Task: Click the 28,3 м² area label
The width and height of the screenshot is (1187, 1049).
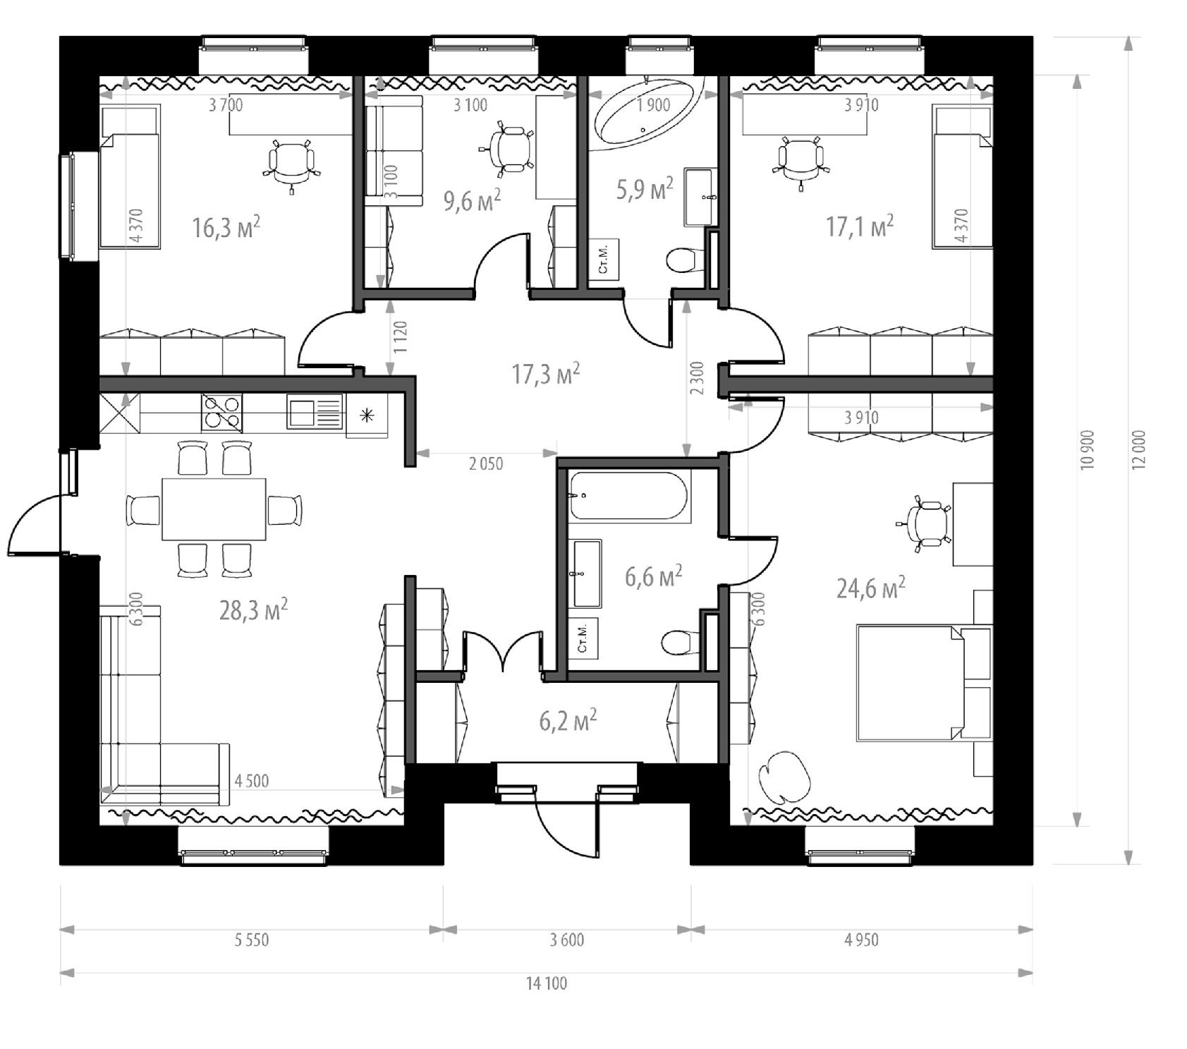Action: (253, 610)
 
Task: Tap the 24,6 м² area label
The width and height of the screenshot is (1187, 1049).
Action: (871, 587)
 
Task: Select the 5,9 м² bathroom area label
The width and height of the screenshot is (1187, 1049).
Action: (645, 189)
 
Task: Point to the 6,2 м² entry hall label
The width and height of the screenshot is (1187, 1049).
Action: (568, 722)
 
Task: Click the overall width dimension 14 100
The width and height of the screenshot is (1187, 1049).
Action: (547, 983)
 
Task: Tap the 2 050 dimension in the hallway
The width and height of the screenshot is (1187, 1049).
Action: (486, 463)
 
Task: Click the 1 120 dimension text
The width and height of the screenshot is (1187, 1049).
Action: (401, 337)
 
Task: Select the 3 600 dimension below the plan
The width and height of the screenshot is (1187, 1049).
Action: (567, 940)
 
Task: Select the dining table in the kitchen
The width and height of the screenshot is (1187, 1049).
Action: (214, 509)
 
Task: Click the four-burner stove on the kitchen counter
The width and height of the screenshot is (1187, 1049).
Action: (221, 413)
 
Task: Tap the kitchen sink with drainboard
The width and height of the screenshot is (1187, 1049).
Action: (315, 412)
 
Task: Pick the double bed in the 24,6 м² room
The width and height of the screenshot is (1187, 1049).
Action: (910, 683)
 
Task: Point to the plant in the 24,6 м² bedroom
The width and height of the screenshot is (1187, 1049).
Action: (784, 776)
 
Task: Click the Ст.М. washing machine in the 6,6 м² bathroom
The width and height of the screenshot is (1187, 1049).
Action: (583, 638)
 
